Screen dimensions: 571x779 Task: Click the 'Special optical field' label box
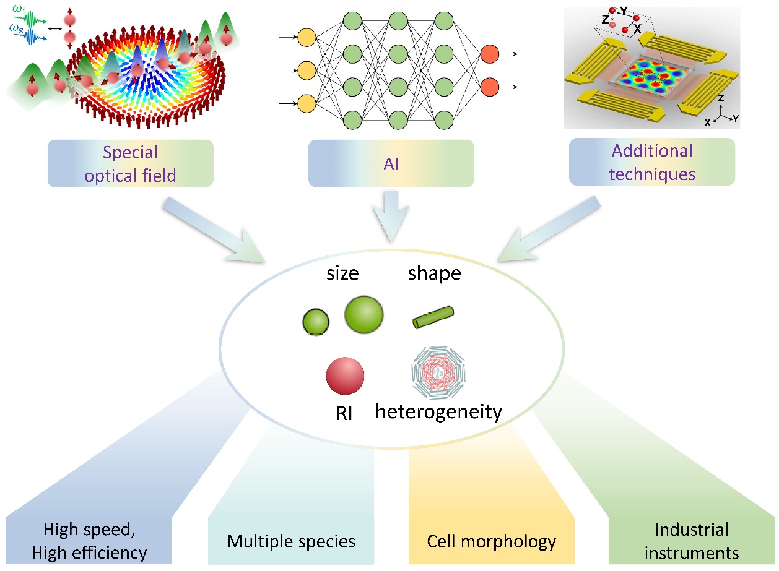pyautogui.click(x=130, y=163)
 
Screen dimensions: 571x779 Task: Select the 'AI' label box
pyautogui.click(x=391, y=163)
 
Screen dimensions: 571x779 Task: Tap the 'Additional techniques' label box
pyautogui.click(x=651, y=161)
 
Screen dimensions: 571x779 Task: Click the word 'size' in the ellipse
pyautogui.click(x=342, y=273)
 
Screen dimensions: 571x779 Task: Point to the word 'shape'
pyautogui.click(x=434, y=273)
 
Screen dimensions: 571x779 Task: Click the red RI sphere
pyautogui.click(x=345, y=376)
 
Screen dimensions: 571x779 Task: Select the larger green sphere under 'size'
pyautogui.click(x=364, y=315)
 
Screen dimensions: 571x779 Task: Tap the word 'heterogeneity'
pyautogui.click(x=438, y=411)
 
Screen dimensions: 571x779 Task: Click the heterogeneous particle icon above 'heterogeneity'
pyautogui.click(x=438, y=373)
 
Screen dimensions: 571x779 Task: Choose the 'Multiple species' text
pyautogui.click(x=291, y=542)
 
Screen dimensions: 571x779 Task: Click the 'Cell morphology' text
pyautogui.click(x=492, y=542)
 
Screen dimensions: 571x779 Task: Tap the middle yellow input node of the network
pyautogui.click(x=307, y=71)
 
